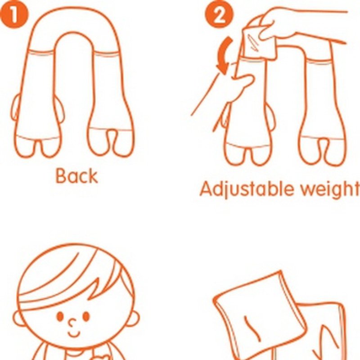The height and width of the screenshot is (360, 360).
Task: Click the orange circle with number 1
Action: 14,15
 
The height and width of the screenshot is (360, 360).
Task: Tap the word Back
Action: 76,176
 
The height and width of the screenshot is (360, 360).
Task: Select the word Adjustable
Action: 246,189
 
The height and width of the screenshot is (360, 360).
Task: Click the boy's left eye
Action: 60,316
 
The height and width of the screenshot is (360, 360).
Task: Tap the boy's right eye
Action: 86,316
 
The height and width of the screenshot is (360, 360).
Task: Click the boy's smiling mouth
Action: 74,333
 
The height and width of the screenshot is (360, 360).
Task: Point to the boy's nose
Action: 72,323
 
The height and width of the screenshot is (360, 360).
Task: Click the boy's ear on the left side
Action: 18,319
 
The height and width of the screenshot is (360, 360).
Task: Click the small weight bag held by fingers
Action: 260,42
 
